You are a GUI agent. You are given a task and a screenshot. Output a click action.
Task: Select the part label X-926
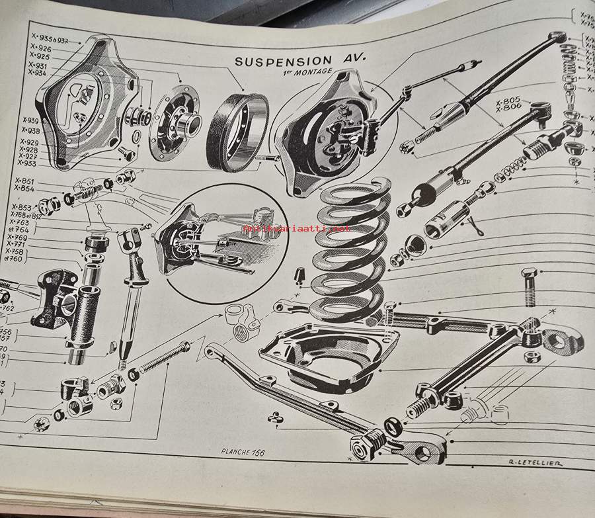(40, 48)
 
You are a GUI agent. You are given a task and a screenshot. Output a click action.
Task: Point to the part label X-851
(24, 182)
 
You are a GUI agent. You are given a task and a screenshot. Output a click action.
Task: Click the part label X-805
(508, 102)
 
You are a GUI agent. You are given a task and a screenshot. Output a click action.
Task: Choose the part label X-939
(30, 120)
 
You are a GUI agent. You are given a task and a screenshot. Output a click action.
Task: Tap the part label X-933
(28, 163)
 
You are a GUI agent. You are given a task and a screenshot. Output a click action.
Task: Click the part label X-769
(18, 237)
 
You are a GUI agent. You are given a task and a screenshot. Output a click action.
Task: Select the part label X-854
(24, 189)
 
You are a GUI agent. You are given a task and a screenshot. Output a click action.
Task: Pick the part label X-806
(508, 112)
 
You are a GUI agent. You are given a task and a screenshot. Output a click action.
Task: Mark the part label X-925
(40, 57)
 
